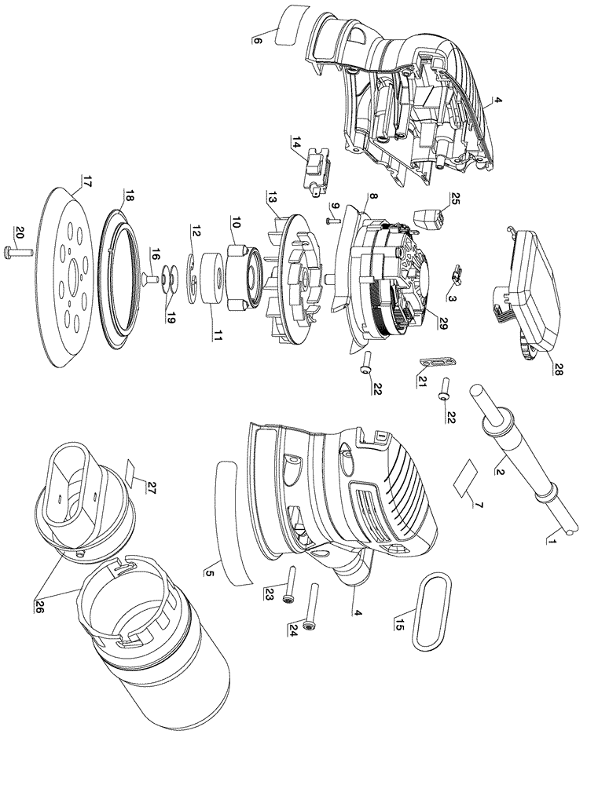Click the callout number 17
(x=85, y=181)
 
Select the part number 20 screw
(x=20, y=249)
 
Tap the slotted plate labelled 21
(x=438, y=363)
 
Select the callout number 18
(x=128, y=198)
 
